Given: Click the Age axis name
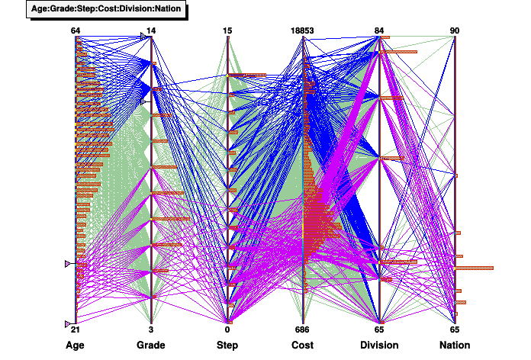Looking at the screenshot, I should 76,346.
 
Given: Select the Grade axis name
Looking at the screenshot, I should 151,346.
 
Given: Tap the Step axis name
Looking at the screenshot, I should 227,346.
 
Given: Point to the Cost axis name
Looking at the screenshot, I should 303,346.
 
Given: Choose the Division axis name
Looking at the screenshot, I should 379,346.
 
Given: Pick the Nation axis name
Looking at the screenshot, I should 455,346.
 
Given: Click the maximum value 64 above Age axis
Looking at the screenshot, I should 76,31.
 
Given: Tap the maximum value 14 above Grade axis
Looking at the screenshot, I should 151,31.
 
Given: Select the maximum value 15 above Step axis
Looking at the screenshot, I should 227,31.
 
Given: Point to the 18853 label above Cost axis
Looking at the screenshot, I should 303,31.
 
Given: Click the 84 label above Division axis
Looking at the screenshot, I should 379,31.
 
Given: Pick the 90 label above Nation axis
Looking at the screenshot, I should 455,31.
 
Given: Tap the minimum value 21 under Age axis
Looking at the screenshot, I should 76,329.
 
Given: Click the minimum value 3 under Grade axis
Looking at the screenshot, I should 151,329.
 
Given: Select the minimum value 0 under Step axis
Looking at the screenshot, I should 227,329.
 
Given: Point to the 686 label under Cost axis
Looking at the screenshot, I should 303,329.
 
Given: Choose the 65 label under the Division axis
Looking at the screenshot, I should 379,329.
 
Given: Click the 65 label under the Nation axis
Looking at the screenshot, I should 455,329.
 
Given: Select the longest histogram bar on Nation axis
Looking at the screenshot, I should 475,268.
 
